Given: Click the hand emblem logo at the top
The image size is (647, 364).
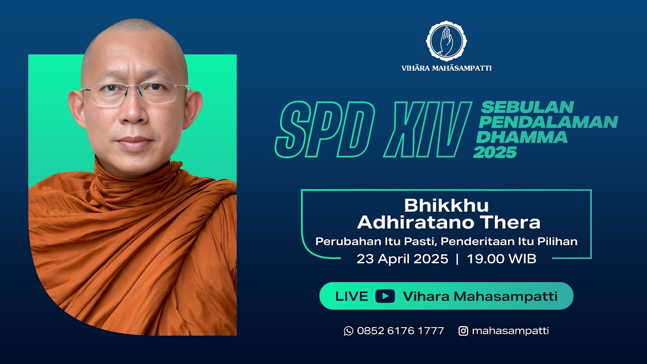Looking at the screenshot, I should point(446,41).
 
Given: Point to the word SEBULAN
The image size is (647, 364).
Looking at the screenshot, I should point(527,107).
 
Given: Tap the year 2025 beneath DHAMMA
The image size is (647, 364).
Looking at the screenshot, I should point(495,152).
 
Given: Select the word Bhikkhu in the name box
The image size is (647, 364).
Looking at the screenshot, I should point(446,205).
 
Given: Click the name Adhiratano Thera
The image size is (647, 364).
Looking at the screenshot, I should point(448,222).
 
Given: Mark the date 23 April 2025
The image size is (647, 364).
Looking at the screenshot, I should point(402,259).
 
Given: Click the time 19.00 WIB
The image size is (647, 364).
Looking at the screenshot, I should point(501,259).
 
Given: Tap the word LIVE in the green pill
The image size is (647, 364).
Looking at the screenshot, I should point(352,296).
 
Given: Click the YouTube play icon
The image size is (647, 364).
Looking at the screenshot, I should point(385,296).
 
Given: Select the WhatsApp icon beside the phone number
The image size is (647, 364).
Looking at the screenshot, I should point(348,331).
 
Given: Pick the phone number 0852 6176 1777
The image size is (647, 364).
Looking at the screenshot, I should point(400,331).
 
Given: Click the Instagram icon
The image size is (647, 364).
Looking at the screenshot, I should point(463,331).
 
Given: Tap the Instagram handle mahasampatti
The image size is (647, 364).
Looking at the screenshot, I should point(510,331).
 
